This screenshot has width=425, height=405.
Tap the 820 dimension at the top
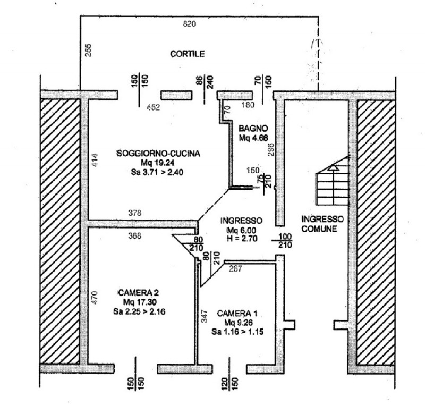[190, 23]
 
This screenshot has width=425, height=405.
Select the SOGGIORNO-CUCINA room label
[158, 154]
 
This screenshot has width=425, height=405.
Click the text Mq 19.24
[157, 163]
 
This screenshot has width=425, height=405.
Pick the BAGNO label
[253, 129]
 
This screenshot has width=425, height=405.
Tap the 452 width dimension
[153, 107]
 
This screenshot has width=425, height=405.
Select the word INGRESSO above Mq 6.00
[242, 220]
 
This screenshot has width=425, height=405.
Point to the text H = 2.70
[242, 239]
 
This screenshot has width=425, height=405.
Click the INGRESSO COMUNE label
[322, 224]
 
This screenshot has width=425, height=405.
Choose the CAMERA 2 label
[139, 293]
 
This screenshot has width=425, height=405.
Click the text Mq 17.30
[139, 302]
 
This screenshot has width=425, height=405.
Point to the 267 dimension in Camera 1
[235, 269]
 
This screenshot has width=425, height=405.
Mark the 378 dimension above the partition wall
[135, 213]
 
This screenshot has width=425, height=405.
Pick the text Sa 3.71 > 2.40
[158, 172]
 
